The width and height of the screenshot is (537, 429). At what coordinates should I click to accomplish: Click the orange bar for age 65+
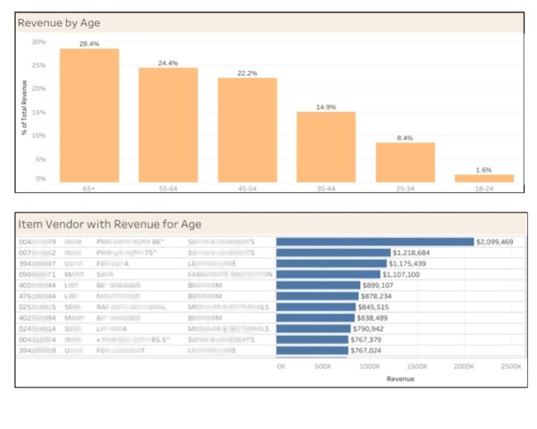click(89, 115)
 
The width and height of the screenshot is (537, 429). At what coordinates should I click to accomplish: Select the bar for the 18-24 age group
click(483, 178)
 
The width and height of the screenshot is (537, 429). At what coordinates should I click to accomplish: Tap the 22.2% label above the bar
click(247, 73)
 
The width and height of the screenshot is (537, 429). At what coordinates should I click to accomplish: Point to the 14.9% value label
click(326, 107)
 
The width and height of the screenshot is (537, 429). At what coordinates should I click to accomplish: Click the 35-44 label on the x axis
click(326, 189)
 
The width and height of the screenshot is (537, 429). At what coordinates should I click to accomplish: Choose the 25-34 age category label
click(405, 189)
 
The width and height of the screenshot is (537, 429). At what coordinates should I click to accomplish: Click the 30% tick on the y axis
click(39, 42)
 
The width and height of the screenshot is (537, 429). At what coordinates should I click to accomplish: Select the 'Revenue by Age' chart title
click(59, 23)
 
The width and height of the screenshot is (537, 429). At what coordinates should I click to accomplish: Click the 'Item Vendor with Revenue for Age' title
click(110, 224)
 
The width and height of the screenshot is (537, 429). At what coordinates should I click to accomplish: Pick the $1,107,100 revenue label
click(402, 274)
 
